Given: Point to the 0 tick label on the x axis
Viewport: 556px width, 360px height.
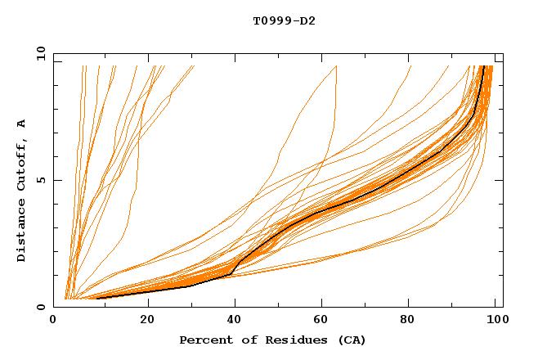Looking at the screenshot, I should click(x=54, y=320).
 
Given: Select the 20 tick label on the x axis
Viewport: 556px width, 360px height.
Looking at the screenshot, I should click(x=148, y=320).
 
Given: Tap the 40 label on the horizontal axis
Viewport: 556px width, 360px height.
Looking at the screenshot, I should click(x=236, y=320).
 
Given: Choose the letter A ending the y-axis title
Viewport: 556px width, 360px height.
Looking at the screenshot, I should click(x=21, y=124).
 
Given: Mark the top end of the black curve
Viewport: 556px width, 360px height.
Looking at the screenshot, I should click(x=484, y=66).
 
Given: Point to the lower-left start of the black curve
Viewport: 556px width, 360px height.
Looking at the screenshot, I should click(x=97, y=298).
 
